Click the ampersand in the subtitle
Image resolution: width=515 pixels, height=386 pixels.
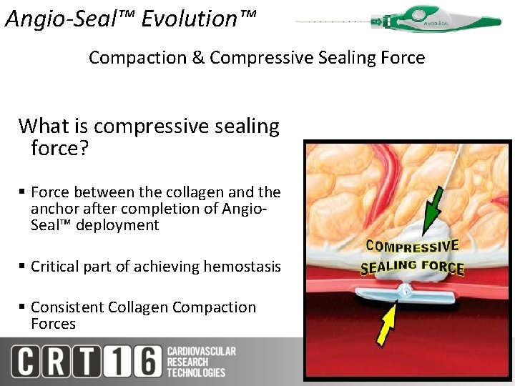point(198,57)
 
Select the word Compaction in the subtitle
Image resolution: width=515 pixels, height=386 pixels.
point(137,57)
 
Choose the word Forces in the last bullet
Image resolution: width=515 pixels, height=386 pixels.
point(53,324)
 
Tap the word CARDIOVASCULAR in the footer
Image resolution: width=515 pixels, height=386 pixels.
point(202,351)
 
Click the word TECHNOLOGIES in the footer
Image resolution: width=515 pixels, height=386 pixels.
point(196,372)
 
